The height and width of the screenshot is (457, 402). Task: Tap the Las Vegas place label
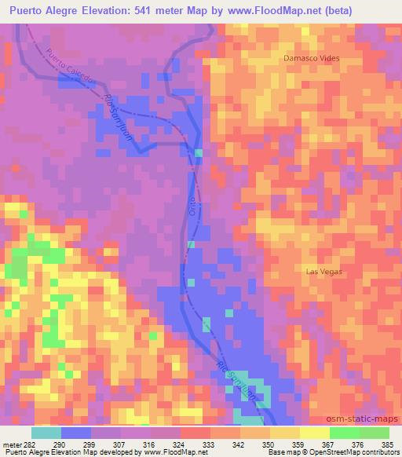click(324, 271)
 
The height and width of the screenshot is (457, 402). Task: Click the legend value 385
click(387, 444)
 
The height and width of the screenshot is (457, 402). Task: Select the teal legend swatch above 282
click(46, 433)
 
